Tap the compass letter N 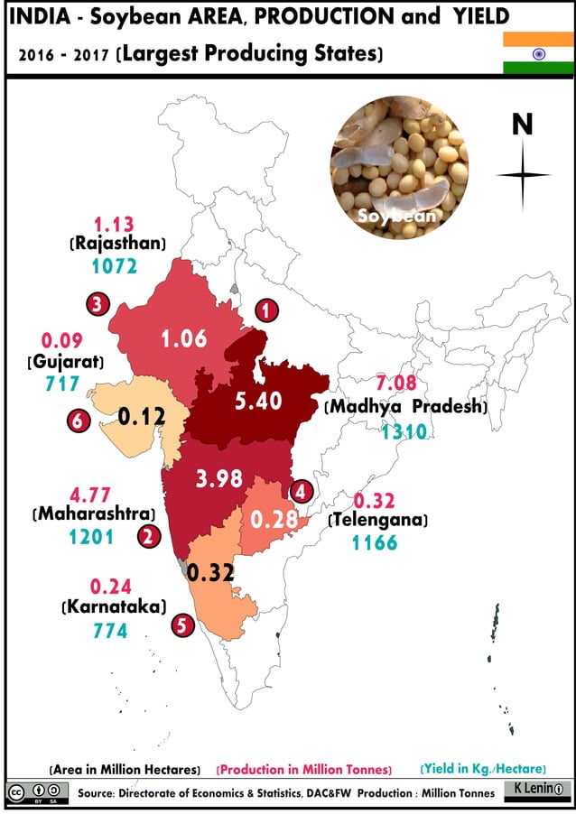pos(522,125)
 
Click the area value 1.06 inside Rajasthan pos(183,338)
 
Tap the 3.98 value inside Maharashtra pos(218,478)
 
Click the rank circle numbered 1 pos(265,311)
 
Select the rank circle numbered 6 pos(78,421)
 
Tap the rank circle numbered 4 pos(301,491)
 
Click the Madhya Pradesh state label pos(405,406)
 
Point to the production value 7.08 pos(396,380)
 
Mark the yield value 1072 pos(114,266)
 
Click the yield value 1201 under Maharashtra pos(91,537)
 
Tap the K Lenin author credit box pos(534,790)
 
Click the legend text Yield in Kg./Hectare pos(483,768)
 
